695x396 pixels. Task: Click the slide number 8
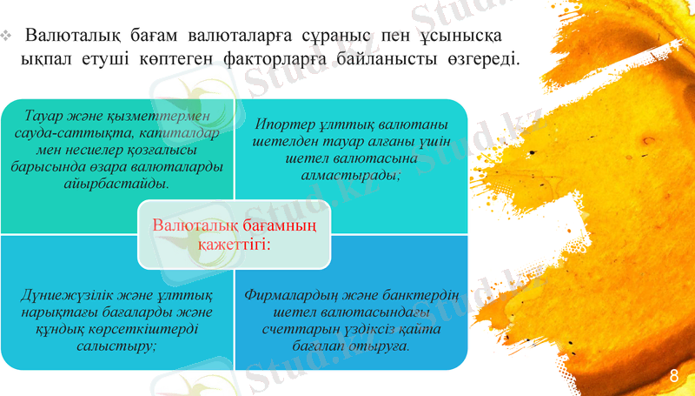(x=674, y=375)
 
